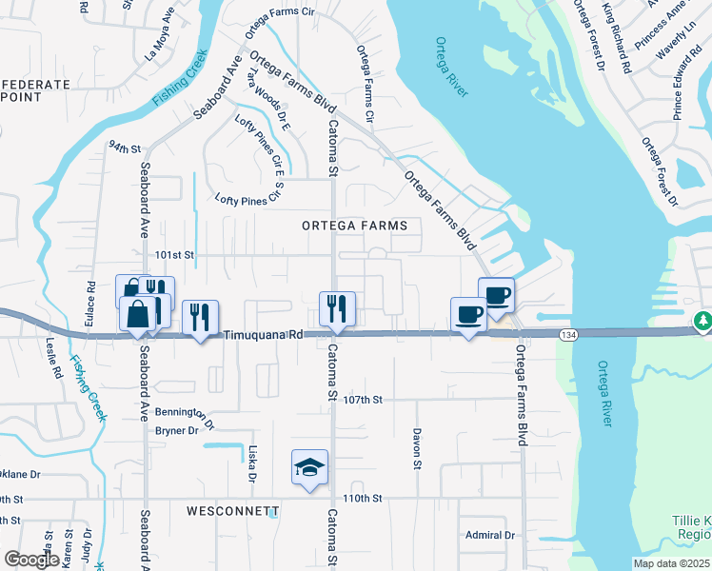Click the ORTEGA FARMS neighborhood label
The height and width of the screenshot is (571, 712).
coord(354,226)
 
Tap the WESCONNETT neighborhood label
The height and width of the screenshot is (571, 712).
coord(232,510)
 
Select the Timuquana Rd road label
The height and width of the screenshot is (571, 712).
coord(264,335)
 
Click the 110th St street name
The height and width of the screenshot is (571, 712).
coord(363,498)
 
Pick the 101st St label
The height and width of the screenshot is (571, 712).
coord(175,255)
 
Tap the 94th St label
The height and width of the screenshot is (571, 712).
coord(124,148)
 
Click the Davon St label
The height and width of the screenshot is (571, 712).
coord(417,448)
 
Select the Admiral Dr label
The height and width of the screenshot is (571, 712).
coord(490,535)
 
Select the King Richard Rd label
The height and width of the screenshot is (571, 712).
coord(616,38)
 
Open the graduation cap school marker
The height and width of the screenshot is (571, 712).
coord(309,467)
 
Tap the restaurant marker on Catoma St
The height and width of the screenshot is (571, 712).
coord(336,308)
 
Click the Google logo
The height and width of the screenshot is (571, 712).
coord(32,560)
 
